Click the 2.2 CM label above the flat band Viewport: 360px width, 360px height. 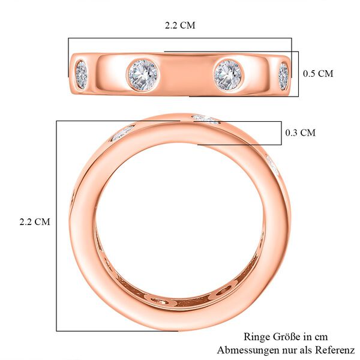[180, 26]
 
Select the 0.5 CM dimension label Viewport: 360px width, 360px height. [318, 74]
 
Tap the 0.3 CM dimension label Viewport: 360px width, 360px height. [300, 133]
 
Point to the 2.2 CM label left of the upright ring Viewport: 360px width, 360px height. [35, 221]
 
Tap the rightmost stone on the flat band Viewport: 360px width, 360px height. [283, 76]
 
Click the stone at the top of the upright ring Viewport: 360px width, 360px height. [206, 119]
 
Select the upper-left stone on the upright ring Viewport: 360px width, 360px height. [122, 133]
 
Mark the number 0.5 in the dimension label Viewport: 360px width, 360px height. [310, 74]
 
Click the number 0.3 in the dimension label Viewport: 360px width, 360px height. [292, 133]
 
